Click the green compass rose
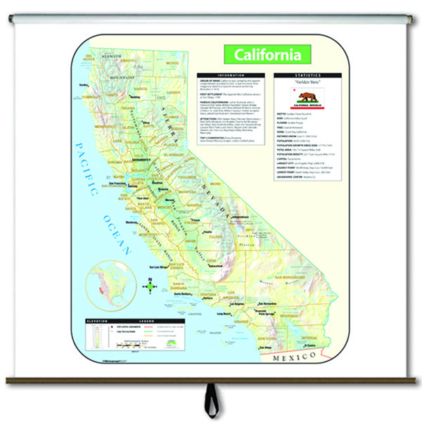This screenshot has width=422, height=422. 148,286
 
